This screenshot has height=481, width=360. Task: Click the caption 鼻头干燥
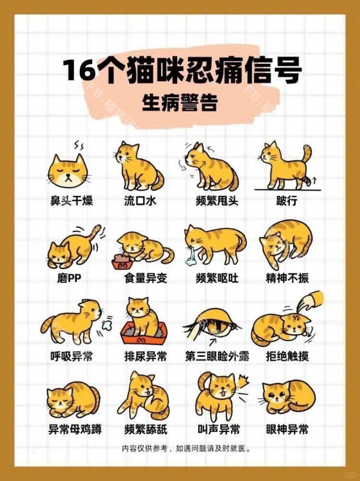pos(72,201)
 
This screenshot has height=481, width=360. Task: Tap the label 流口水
pos(140,201)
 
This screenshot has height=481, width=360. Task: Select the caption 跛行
pos(286,201)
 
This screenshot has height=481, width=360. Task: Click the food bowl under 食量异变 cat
pos(122,262)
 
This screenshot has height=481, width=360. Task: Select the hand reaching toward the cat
pos(310,302)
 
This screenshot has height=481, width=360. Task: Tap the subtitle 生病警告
pos(180,103)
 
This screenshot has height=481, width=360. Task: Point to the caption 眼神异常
pos(287,429)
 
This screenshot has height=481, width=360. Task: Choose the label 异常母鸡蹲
pos(74,429)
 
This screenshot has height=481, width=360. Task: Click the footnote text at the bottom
pos(186,449)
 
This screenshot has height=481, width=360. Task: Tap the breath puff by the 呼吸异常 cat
pos(106,326)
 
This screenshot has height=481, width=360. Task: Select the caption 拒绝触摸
pos(287,356)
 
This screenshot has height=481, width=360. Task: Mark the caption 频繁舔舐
pos(146,429)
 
